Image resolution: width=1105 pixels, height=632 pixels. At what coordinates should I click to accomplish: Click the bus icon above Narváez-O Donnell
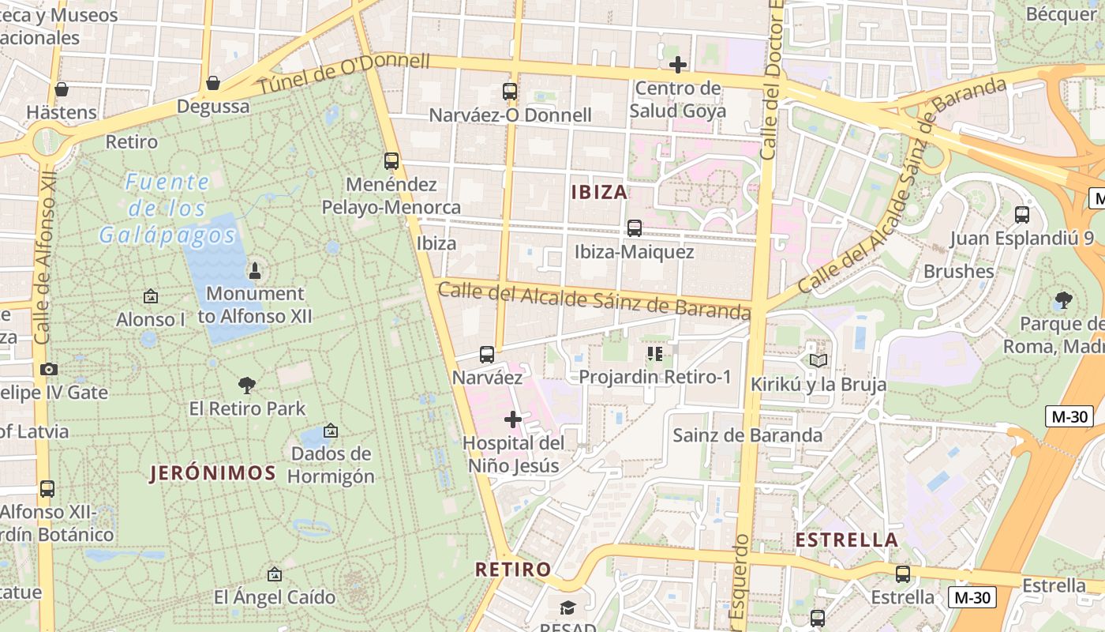509,92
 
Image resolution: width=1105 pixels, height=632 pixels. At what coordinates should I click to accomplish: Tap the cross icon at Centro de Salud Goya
677,65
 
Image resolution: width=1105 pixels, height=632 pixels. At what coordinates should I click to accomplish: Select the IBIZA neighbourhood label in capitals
599,192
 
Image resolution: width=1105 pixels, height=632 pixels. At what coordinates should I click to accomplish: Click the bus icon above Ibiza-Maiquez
634,228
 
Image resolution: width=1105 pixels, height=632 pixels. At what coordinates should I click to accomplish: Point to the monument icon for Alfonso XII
254,271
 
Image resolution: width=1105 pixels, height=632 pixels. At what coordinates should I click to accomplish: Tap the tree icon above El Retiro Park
247,386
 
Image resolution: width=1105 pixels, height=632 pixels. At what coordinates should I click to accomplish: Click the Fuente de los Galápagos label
167,209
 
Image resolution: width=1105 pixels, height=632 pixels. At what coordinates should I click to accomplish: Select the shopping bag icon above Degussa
212,83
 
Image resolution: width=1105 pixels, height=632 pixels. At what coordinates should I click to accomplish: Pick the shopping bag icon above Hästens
62,89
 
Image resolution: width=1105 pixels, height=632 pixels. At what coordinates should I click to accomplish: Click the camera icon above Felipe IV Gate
49,369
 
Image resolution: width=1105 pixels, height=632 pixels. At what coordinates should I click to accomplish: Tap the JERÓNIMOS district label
213,473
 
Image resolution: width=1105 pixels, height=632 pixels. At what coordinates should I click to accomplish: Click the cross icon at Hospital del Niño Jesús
513,419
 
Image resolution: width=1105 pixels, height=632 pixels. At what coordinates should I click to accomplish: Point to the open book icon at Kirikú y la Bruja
818,361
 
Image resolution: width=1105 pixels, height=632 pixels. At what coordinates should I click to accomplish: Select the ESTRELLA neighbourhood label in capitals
847,540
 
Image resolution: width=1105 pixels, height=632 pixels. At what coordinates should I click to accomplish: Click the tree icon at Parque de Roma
1063,300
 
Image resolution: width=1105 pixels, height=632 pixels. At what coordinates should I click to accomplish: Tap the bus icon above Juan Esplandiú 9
1022,214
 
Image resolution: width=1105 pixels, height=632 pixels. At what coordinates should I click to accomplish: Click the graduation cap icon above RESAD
567,608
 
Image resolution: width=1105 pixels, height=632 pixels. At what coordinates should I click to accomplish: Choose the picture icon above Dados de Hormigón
331,431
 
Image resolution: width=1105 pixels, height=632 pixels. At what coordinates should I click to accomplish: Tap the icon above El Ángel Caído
274,574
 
